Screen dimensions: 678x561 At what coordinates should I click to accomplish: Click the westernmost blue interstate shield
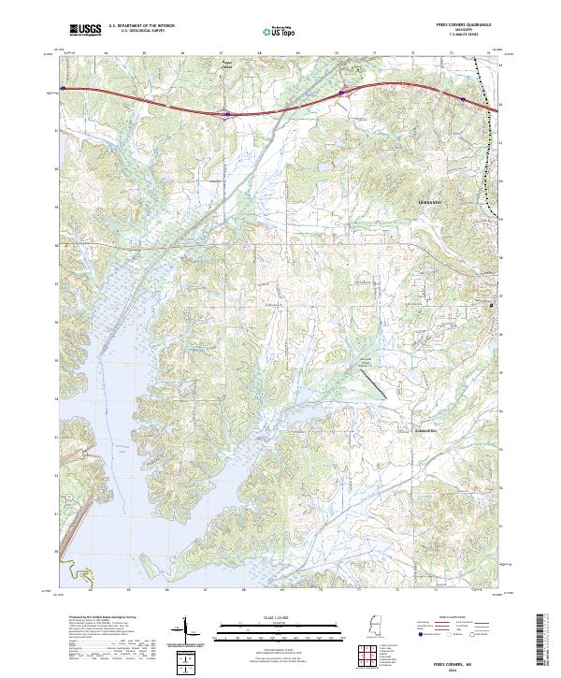pos(63,89)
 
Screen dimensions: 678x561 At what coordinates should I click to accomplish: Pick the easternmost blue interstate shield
pos(464,96)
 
